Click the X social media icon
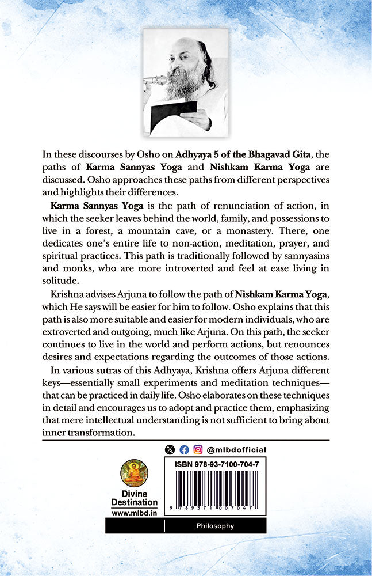[x=169, y=450]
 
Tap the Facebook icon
[x=184, y=450]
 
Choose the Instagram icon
[x=198, y=450]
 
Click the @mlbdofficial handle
[x=236, y=450]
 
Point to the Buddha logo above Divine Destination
[x=134, y=473]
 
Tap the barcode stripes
[x=215, y=488]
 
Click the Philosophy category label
[x=215, y=526]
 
